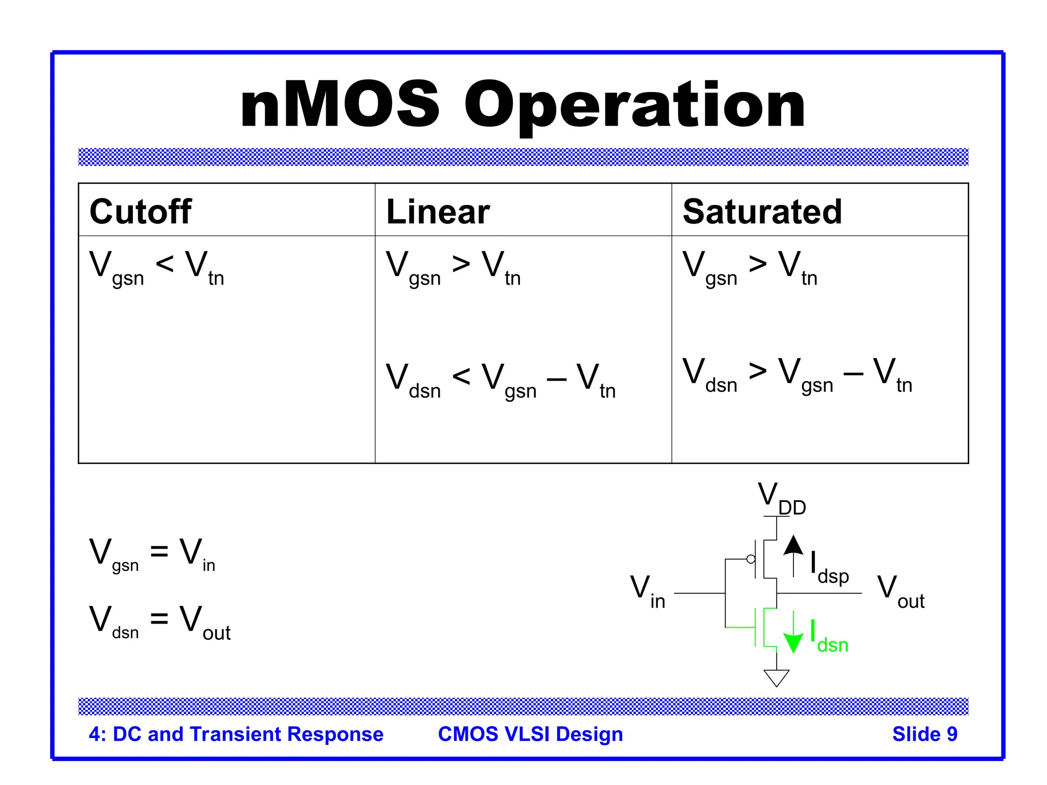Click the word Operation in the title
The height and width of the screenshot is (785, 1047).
tap(634, 106)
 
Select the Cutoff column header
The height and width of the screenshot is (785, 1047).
tap(141, 211)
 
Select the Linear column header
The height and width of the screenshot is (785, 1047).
tap(438, 211)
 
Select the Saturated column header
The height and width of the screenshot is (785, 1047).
tap(762, 211)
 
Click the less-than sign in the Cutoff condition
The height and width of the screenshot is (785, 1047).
tap(165, 265)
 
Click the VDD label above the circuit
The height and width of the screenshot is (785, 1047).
tap(780, 498)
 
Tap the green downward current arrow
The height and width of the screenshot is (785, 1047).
tap(793, 634)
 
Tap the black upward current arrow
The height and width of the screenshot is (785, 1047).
tap(793, 555)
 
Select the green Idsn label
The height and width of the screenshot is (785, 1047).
tap(829, 638)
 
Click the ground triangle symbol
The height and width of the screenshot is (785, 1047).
tap(776, 677)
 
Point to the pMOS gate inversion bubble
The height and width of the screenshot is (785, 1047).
tap(750, 559)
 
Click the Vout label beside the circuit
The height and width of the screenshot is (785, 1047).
tap(900, 592)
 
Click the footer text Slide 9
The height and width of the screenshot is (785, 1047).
tap(924, 734)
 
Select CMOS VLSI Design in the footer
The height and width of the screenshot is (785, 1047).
tap(530, 734)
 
